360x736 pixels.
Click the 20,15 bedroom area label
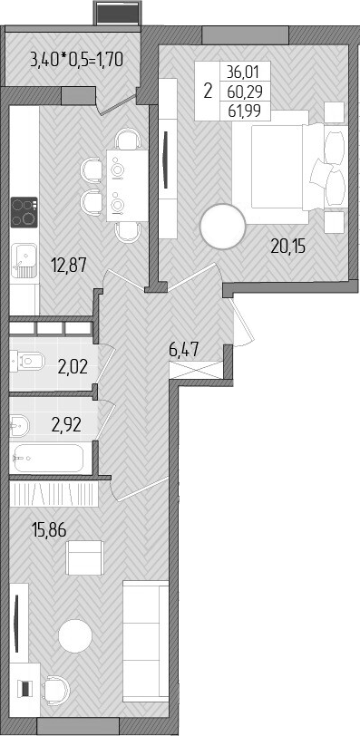click(289, 244)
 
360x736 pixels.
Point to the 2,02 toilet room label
click(72, 367)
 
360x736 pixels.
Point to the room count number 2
click(208, 91)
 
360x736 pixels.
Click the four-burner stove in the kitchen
click(24, 213)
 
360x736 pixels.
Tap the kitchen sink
click(24, 260)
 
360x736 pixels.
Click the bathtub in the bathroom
click(48, 459)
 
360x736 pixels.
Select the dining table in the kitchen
click(117, 183)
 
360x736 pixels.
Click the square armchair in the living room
click(88, 557)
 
